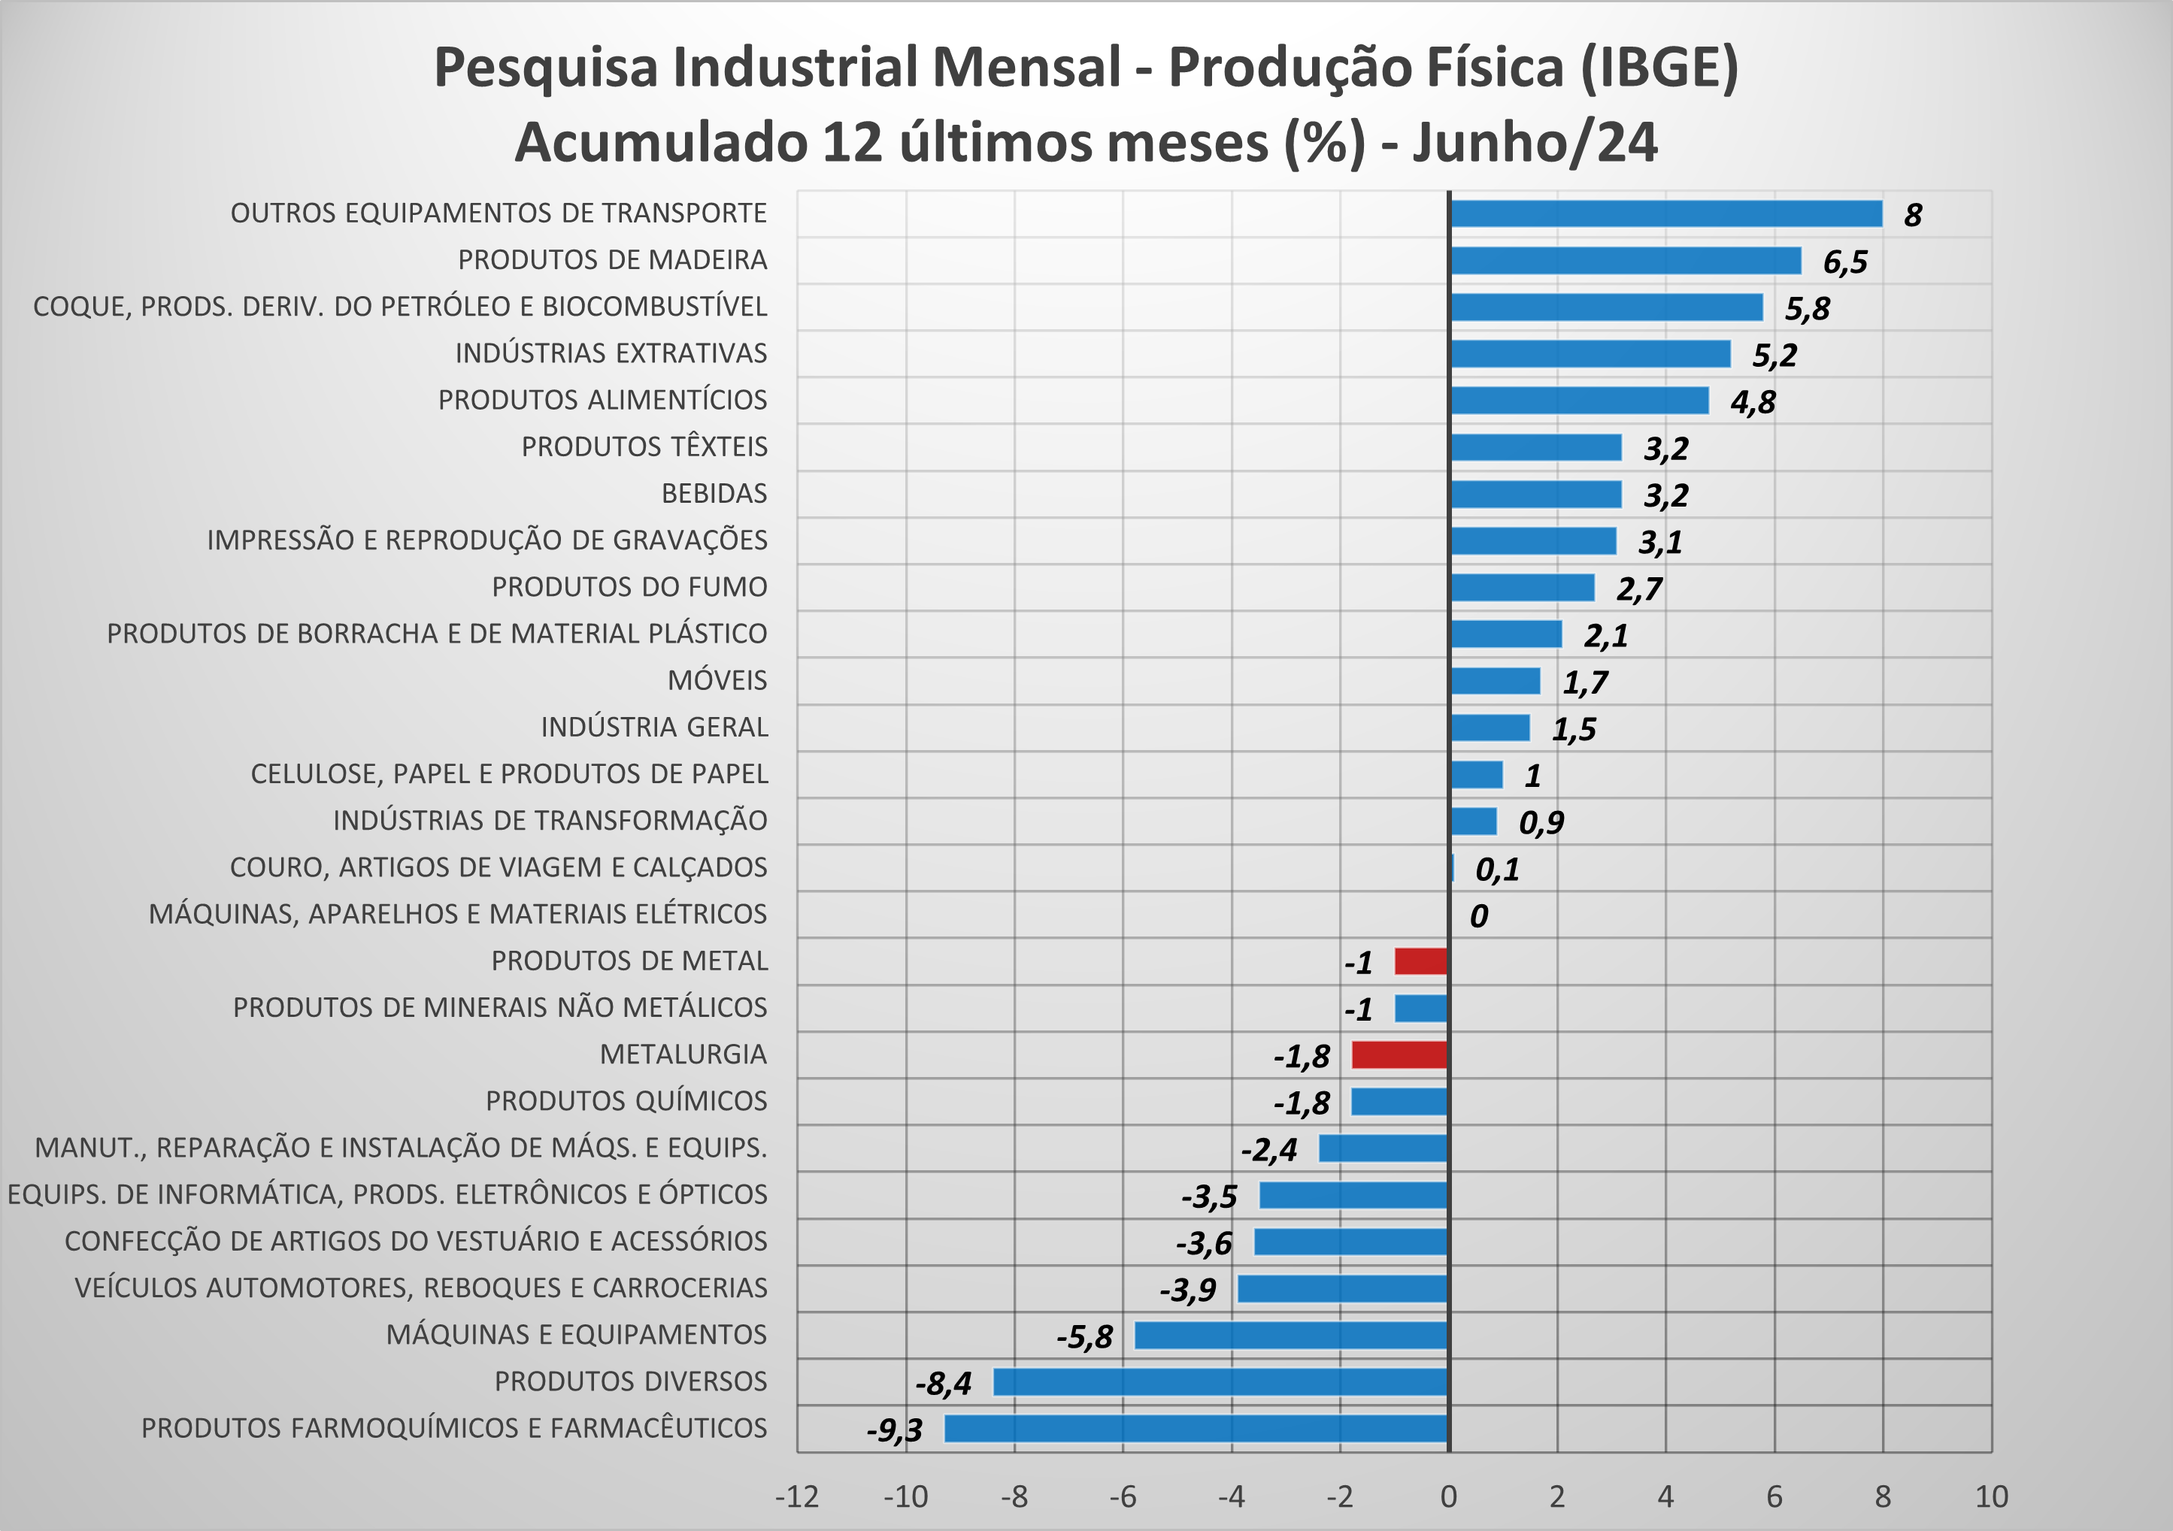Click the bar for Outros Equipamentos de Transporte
click(1665, 214)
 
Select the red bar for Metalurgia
click(1400, 1055)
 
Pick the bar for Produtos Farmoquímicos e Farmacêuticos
click(1196, 1429)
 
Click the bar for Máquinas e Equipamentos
click(1291, 1335)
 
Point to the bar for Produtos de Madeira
click(1625, 260)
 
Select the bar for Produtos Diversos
click(1220, 1381)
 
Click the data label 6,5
click(1844, 262)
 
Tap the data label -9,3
click(894, 1430)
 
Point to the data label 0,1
click(1497, 870)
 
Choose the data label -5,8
click(1084, 1337)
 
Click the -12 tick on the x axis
click(797, 1497)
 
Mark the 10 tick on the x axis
click(1991, 1497)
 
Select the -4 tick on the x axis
click(1232, 1497)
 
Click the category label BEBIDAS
click(714, 494)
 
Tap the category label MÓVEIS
click(717, 680)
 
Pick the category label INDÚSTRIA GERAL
click(654, 728)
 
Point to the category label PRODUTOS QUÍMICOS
click(626, 1101)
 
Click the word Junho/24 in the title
click(1534, 143)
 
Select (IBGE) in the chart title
click(1659, 68)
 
